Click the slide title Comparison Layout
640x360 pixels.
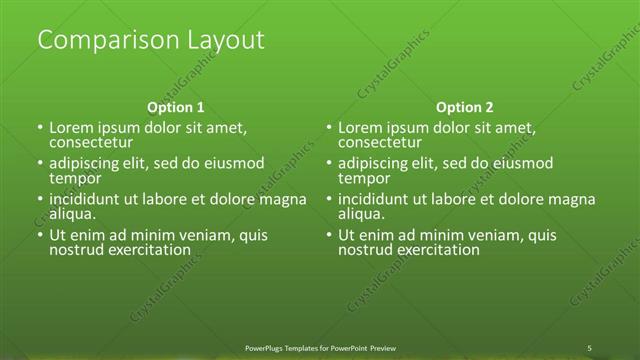pyautogui.click(x=150, y=40)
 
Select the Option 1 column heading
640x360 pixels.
pyautogui.click(x=176, y=107)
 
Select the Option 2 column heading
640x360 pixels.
pyautogui.click(x=465, y=107)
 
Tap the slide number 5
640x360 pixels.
pyautogui.click(x=590, y=347)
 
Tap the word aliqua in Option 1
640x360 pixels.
pyautogui.click(x=72, y=214)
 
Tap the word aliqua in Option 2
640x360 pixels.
pyautogui.click(x=361, y=214)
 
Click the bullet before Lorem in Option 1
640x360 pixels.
pyautogui.click(x=40, y=129)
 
